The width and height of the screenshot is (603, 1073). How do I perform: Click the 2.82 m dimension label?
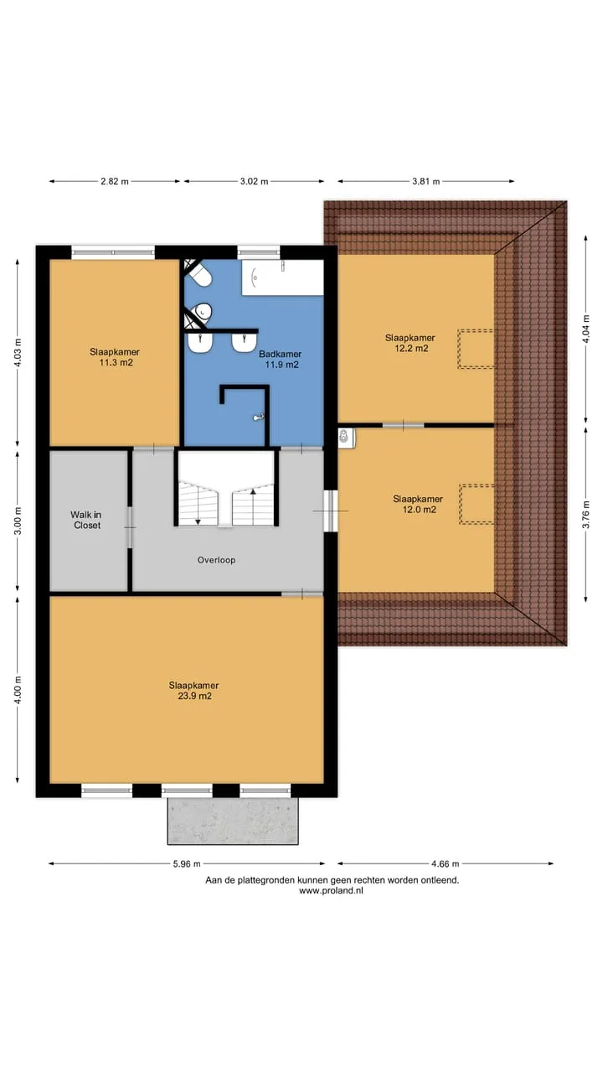(115, 182)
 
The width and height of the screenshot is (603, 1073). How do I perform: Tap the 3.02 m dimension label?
(254, 182)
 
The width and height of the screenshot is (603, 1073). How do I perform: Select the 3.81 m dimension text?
(426, 182)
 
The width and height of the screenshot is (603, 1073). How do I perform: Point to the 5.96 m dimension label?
(187, 863)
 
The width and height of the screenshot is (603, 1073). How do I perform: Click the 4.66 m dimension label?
(445, 863)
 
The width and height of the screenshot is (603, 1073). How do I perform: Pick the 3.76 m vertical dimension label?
(585, 515)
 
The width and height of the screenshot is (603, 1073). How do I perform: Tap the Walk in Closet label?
(86, 520)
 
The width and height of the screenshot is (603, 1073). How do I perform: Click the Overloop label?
(216, 560)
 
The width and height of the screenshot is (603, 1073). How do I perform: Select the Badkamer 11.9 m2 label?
(281, 360)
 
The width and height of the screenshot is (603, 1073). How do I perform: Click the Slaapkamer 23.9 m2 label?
(193, 691)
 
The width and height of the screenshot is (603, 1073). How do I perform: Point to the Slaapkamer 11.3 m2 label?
(115, 357)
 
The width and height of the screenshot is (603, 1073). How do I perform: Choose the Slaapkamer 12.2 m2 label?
(410, 343)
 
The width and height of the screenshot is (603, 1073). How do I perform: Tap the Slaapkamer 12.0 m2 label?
(418, 504)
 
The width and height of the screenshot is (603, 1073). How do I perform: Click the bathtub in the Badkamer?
(282, 277)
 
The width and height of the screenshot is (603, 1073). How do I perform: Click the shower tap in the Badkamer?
(259, 417)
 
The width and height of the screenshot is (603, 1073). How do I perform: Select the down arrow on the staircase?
(198, 521)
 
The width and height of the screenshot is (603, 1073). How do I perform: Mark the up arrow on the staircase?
(253, 491)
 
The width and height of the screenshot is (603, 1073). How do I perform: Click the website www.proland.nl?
(331, 890)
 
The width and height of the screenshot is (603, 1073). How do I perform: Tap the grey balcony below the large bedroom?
(233, 821)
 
